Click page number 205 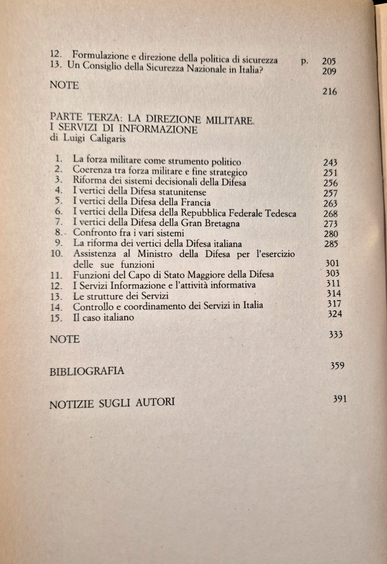(x=329, y=61)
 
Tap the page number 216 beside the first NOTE (x=330, y=92)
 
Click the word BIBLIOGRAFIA (x=87, y=371)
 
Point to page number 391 (x=339, y=399)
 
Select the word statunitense (x=179, y=192)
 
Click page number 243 (x=330, y=163)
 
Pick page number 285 (x=331, y=244)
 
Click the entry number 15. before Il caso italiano (x=57, y=318)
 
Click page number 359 (x=337, y=366)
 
